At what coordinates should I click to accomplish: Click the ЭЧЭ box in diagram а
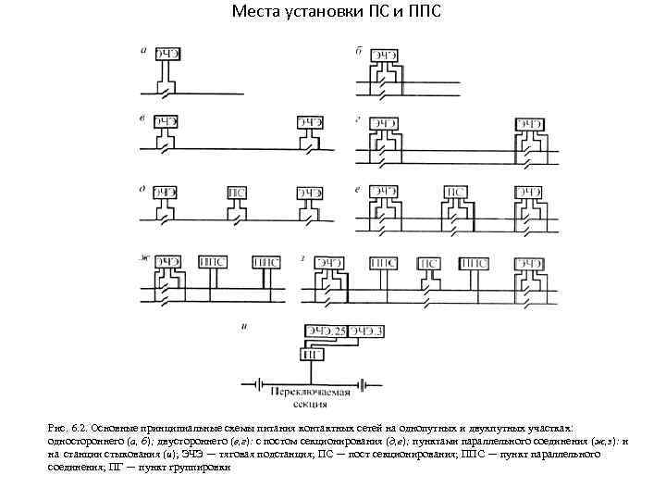pyautogui.click(x=166, y=53)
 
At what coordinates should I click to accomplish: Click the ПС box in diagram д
pyautogui.click(x=237, y=193)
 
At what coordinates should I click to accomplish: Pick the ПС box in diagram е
pyautogui.click(x=455, y=193)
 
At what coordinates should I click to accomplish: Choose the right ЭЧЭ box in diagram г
pyautogui.click(x=529, y=122)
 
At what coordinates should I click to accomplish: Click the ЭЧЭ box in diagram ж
pyautogui.click(x=166, y=262)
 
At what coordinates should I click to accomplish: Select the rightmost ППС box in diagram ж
pyautogui.click(x=266, y=262)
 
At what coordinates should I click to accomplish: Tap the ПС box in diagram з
pyautogui.click(x=428, y=263)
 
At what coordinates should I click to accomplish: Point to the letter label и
pyautogui.click(x=243, y=326)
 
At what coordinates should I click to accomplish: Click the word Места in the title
pyautogui.click(x=256, y=12)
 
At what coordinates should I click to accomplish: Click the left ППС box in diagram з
pyautogui.click(x=383, y=263)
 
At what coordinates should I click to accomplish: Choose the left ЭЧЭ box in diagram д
pyautogui.click(x=166, y=193)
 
